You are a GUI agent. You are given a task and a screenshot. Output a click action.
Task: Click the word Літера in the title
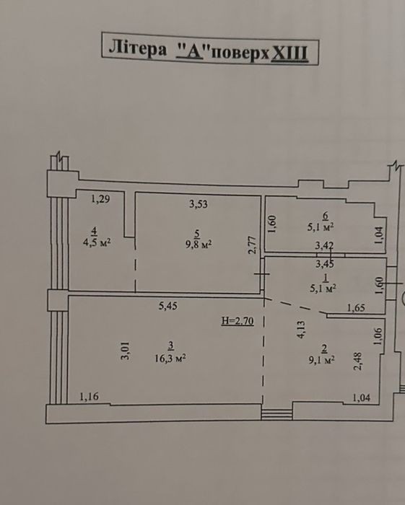pyautogui.click(x=138, y=48)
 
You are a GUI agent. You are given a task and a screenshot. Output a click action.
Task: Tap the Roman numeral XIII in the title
pyautogui.click(x=289, y=53)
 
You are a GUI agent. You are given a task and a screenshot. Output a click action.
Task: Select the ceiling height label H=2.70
pyautogui.click(x=238, y=321)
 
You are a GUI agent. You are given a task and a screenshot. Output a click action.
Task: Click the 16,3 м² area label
pyautogui.click(x=170, y=358)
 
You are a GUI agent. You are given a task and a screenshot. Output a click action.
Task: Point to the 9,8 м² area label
pyautogui.click(x=199, y=244)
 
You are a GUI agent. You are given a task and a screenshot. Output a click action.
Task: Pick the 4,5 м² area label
pyautogui.click(x=97, y=242)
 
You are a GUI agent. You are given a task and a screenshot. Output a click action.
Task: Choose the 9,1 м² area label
pyautogui.click(x=321, y=359)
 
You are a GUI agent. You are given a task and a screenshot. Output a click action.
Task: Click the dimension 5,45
pyautogui.click(x=168, y=305)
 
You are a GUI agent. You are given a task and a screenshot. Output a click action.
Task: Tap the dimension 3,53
pyautogui.click(x=199, y=204)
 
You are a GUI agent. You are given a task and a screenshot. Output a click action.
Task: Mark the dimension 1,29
pyautogui.click(x=100, y=198)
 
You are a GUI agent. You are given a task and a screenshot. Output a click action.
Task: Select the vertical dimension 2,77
pyautogui.click(x=252, y=245)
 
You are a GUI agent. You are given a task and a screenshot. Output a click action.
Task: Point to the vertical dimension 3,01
pyautogui.click(x=126, y=351)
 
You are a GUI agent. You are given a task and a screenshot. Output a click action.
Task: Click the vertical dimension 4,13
pyautogui.click(x=300, y=330)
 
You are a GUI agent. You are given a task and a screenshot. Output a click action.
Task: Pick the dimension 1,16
pyautogui.click(x=89, y=397)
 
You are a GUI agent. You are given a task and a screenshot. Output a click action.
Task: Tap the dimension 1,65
pyautogui.click(x=356, y=308)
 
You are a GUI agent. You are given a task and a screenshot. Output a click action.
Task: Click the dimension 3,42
pyautogui.click(x=324, y=246)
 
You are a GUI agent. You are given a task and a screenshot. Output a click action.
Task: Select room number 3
pyautogui.click(x=171, y=346)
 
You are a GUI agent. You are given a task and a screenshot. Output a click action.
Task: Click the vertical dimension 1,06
pyautogui.click(x=378, y=337)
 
